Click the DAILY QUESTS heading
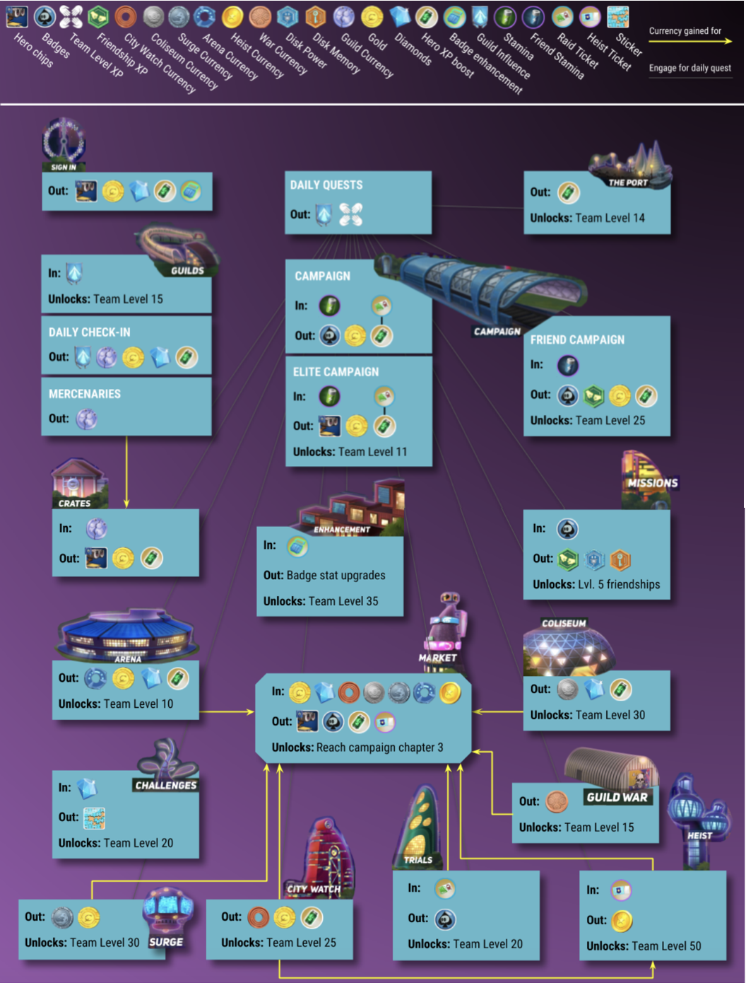(x=326, y=185)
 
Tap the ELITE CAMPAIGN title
(x=336, y=372)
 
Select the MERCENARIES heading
(x=85, y=394)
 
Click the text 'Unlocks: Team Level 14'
(x=587, y=218)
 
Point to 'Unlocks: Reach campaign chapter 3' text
(x=357, y=748)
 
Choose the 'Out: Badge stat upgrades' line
(x=324, y=576)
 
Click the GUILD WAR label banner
(x=617, y=797)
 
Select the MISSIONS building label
(x=652, y=483)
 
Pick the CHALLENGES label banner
(x=166, y=785)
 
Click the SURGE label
(x=166, y=942)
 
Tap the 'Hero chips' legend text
(x=33, y=50)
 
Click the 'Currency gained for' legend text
(x=685, y=31)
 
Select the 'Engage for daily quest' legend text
(x=689, y=68)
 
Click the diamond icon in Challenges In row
(x=86, y=788)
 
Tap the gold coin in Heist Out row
(x=621, y=921)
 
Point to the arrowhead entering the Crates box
(x=126, y=504)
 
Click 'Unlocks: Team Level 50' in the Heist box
(x=644, y=946)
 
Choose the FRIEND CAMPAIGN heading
(x=577, y=339)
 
